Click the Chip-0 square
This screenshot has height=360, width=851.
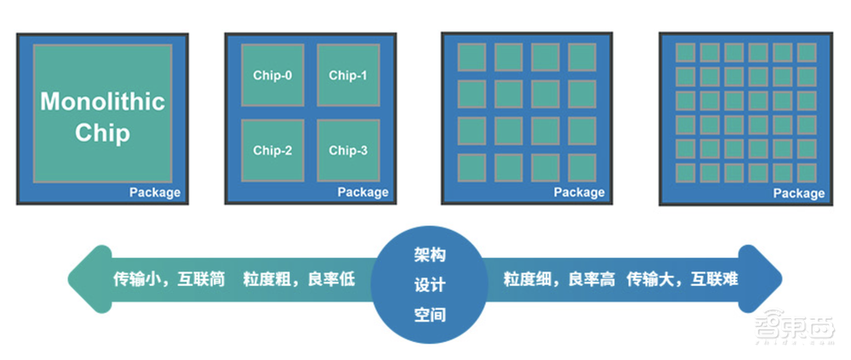point(272,75)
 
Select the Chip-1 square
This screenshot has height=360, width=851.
point(348,75)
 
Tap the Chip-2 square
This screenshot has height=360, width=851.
point(272,151)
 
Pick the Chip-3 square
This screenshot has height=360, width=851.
point(348,151)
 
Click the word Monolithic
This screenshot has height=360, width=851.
point(102,103)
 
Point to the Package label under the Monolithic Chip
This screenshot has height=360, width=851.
point(155,192)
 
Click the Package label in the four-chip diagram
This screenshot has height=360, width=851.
point(363,192)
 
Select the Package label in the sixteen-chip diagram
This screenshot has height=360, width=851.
point(579,192)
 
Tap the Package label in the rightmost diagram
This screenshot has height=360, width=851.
point(798,193)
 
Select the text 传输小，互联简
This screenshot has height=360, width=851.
point(169,278)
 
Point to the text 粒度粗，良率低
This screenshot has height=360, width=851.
point(299,278)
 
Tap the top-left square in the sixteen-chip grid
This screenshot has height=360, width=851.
point(471,57)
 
